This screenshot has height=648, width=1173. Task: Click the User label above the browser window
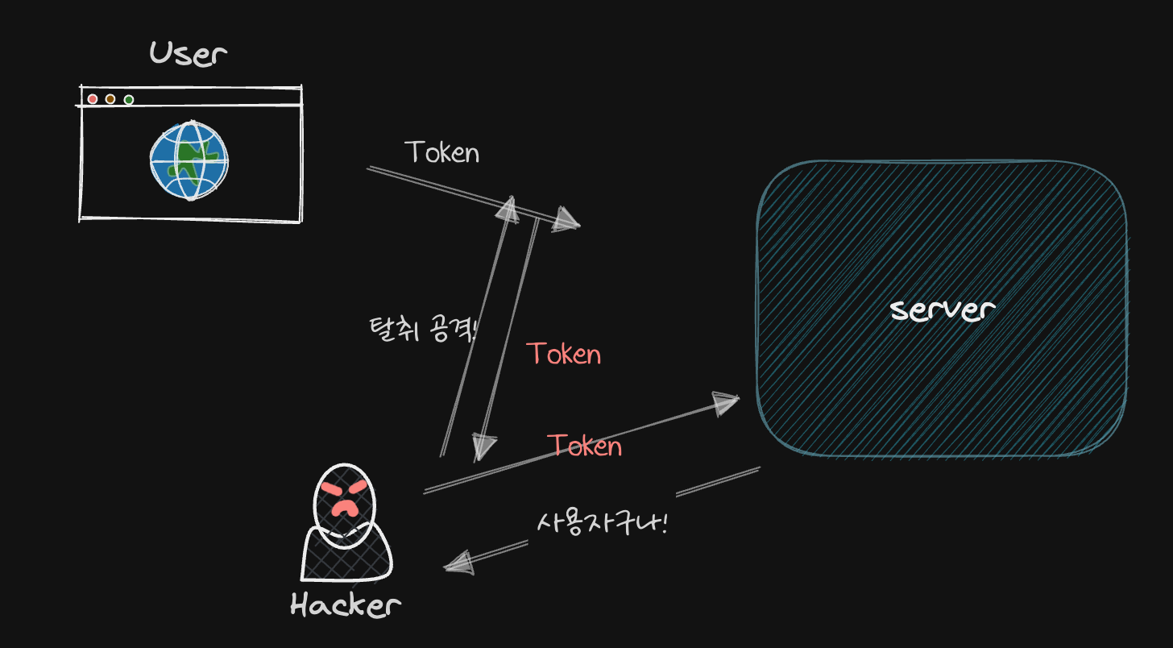click(x=189, y=54)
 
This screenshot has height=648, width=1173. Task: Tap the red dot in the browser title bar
click(x=93, y=99)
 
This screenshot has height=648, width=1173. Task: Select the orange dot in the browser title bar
click(x=110, y=99)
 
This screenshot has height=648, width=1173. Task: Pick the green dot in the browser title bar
click(x=129, y=100)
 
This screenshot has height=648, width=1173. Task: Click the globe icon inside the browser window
click(x=189, y=160)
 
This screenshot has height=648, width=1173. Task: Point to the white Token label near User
click(x=441, y=152)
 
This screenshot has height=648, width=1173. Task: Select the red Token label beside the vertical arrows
click(x=564, y=354)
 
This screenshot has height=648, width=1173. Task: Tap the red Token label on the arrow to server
click(x=584, y=446)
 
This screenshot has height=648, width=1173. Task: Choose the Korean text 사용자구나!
click(x=603, y=522)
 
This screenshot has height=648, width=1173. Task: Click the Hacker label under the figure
click(x=345, y=604)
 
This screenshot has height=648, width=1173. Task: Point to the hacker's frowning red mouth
click(x=346, y=508)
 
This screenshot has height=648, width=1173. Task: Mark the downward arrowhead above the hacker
click(x=483, y=446)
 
